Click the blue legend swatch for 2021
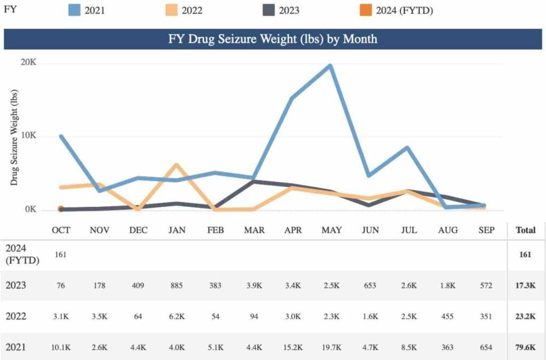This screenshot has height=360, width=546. tap(74, 10)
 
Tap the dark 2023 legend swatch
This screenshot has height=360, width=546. tap(266, 10)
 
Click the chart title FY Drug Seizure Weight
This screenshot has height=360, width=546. tap(272, 39)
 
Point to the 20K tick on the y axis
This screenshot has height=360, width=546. tap(28, 63)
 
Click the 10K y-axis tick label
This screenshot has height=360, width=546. tap(28, 136)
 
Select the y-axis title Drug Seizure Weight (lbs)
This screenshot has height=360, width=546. tap(14, 138)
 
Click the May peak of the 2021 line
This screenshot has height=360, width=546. tap(330, 66)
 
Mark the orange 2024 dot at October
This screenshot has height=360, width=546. tap(61, 209)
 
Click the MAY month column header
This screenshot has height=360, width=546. tap(331, 230)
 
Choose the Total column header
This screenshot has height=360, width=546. tap(525, 230)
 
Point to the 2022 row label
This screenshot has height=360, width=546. tap(16, 316)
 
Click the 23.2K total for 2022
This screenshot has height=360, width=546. tap(525, 316)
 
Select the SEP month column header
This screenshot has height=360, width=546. tap(486, 230)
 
